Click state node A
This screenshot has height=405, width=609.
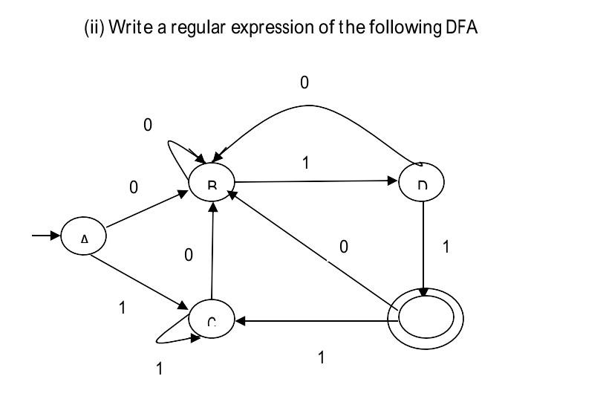[84, 238]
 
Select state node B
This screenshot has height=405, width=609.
[212, 182]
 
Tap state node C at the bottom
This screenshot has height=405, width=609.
[212, 320]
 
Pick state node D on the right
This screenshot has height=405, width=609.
[422, 182]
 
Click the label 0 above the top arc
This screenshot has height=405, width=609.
[304, 82]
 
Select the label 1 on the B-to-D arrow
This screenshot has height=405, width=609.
[305, 163]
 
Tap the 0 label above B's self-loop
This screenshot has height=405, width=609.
[147, 126]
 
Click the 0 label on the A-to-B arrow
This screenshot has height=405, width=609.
[134, 188]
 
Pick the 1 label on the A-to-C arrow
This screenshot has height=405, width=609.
[123, 308]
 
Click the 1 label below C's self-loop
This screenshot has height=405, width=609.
[159, 369]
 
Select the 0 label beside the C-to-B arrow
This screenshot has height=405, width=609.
[189, 256]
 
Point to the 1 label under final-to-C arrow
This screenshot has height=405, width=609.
[321, 357]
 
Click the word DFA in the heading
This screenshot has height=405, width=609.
[463, 27]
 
